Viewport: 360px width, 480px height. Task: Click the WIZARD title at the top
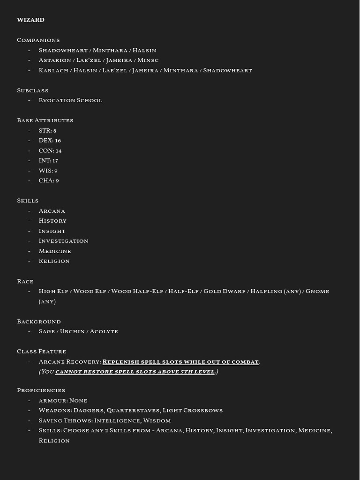(x=30, y=20)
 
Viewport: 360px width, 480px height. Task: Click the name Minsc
(x=148, y=60)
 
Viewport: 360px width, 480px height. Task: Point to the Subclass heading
(x=32, y=90)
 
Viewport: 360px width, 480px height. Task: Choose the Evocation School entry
(x=70, y=100)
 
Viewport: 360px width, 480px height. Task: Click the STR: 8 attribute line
(x=47, y=130)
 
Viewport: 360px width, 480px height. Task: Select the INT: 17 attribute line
(x=48, y=160)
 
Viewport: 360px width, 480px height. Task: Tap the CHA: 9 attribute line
(x=49, y=180)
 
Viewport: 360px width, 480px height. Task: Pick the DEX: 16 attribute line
(x=50, y=140)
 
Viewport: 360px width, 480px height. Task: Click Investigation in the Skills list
(x=63, y=240)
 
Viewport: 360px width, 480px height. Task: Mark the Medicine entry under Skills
(x=55, y=251)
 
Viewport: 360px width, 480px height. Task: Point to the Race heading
(x=25, y=281)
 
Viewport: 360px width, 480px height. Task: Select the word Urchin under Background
(x=72, y=331)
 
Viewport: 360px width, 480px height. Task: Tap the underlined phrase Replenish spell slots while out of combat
(x=180, y=361)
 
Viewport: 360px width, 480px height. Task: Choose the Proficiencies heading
(x=41, y=390)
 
